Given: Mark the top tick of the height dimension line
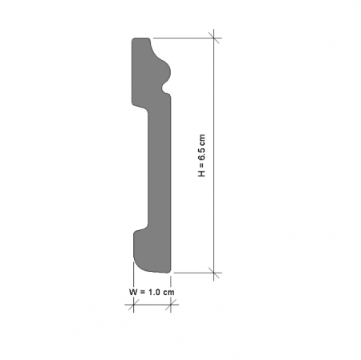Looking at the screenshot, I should click(214, 36).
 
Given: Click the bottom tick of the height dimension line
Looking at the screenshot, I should click(214, 273).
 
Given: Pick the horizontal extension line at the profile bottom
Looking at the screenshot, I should click(193, 273).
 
